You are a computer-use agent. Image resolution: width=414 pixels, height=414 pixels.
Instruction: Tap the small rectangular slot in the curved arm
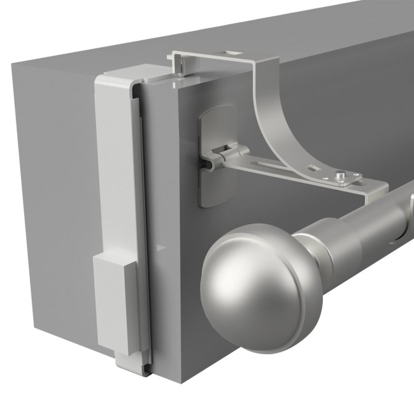(x=313, y=168)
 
